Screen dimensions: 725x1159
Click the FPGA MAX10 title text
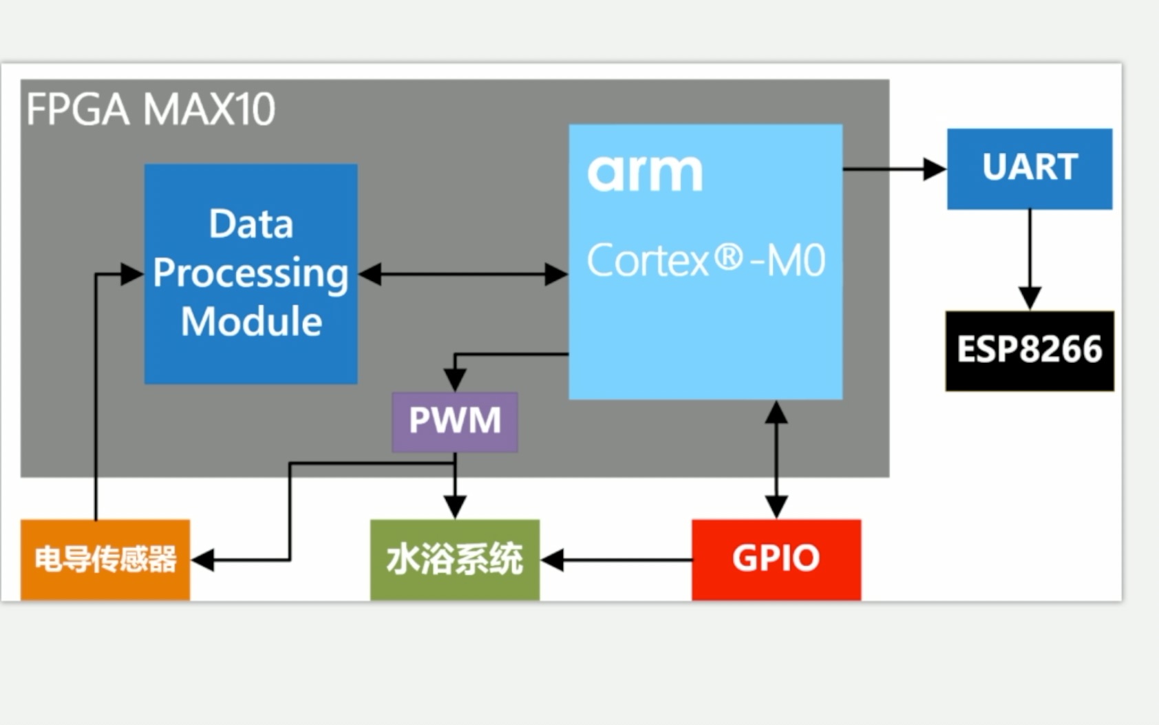150,109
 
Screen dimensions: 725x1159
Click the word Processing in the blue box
251,273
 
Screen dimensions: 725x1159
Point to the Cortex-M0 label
705,261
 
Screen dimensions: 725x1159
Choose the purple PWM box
454,421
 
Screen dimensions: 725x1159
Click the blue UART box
1029,168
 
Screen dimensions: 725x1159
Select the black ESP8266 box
1029,350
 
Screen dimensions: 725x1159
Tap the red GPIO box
776,558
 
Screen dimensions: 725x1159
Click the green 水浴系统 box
454,558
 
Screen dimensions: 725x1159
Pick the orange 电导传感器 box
105,558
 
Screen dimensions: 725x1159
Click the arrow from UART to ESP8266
1030,258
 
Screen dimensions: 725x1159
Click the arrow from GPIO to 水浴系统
616,560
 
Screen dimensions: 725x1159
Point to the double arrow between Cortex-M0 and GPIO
776,459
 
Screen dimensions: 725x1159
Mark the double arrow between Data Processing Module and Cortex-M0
462,274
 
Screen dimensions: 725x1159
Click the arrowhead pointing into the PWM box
454,379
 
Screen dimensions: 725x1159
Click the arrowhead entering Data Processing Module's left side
131,274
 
